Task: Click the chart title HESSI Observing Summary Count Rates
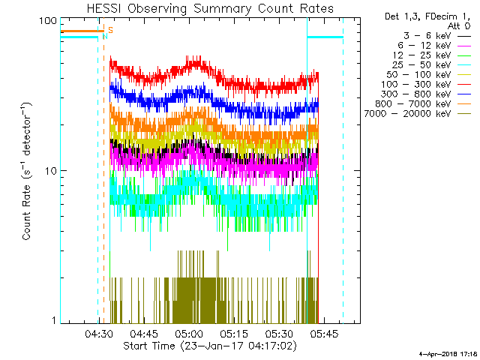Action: pyautogui.click(x=211, y=9)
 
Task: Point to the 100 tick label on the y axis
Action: pyautogui.click(x=48, y=21)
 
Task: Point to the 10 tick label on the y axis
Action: pyautogui.click(x=51, y=171)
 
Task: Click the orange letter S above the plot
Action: pyautogui.click(x=110, y=30)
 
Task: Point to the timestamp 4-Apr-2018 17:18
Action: pyautogui.click(x=447, y=352)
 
